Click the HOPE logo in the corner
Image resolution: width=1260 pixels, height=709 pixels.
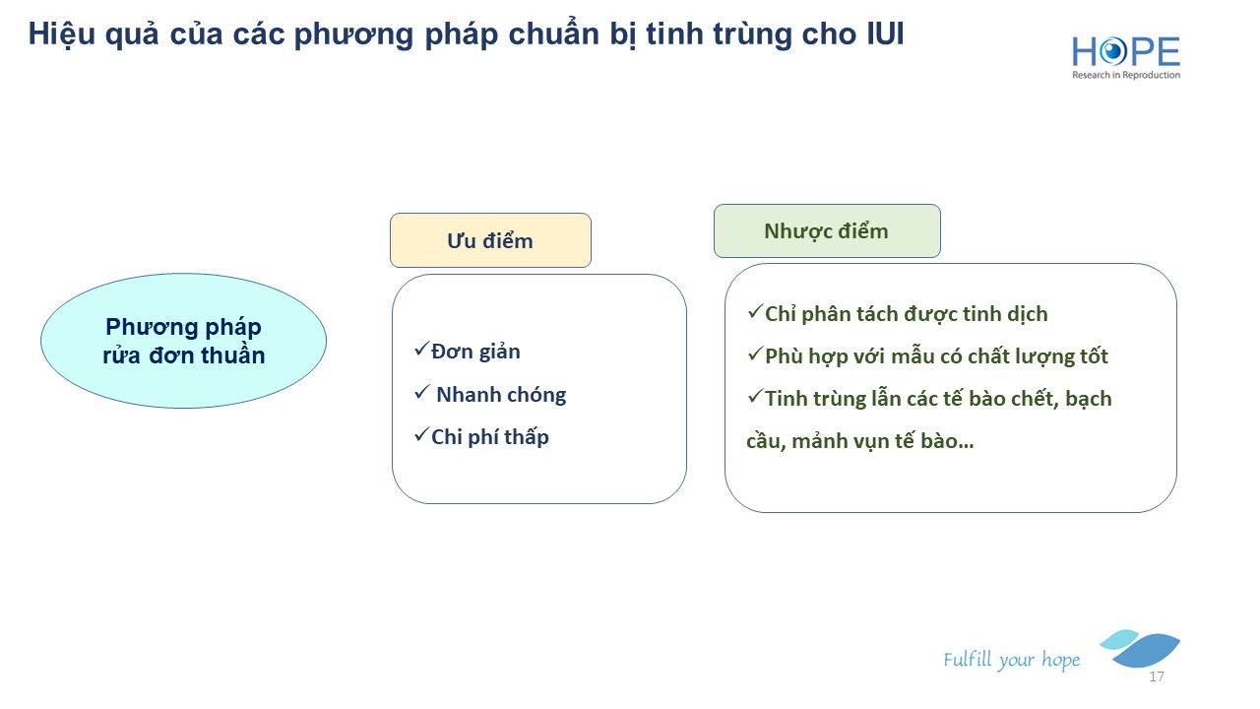[1125, 57]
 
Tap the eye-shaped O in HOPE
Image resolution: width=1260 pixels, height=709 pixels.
[1112, 52]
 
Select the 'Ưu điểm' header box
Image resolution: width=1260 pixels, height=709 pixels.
[490, 240]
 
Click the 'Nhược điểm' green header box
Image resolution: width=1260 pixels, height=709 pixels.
[827, 230]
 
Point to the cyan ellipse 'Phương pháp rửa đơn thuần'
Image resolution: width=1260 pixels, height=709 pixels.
[183, 341]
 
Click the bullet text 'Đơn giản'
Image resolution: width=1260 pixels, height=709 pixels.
[475, 352]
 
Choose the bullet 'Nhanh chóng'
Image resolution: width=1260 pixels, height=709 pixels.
[501, 395]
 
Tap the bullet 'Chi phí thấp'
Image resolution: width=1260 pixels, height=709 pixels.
[490, 437]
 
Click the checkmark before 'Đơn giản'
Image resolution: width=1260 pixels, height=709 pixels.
[422, 349]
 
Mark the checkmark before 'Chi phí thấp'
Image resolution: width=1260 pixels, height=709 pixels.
[422, 434]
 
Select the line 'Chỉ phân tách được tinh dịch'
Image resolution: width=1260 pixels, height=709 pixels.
[907, 314]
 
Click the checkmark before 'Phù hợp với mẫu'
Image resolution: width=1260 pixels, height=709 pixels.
[755, 354]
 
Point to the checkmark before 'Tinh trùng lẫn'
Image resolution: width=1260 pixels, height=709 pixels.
[755, 396]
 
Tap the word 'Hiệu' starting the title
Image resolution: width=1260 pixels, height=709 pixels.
[62, 34]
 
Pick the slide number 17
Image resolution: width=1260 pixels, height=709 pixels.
[1157, 677]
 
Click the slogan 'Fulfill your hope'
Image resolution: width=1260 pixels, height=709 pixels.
[1011, 660]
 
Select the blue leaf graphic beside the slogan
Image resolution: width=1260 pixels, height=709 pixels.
[1140, 648]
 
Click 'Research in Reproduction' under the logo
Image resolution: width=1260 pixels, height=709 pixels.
[1126, 75]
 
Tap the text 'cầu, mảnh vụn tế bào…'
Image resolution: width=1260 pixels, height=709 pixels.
[860, 440]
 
